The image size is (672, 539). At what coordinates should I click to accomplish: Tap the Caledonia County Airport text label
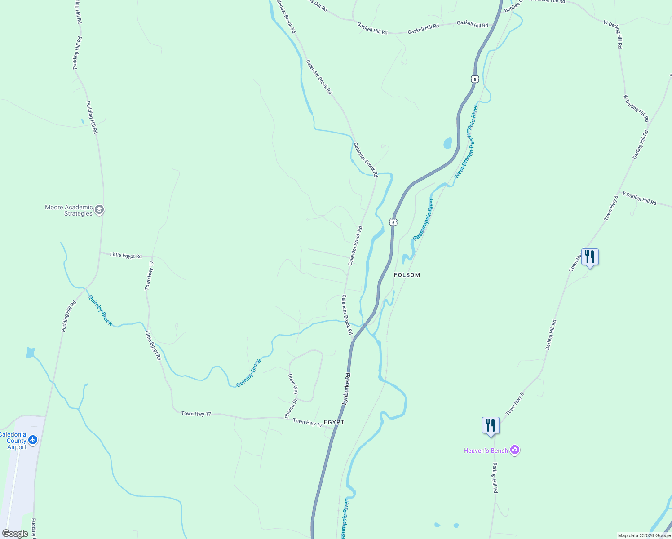pyautogui.click(x=13, y=441)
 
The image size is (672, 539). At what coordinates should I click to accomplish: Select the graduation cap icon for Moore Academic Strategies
pyautogui.click(x=99, y=210)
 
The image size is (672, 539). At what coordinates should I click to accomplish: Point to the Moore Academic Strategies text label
pyautogui.click(x=69, y=210)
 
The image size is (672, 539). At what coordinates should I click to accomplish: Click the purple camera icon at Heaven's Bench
pyautogui.click(x=515, y=450)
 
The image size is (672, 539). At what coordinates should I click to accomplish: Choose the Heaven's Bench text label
pyautogui.click(x=486, y=451)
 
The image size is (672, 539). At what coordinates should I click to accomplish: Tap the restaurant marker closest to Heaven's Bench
pyautogui.click(x=491, y=425)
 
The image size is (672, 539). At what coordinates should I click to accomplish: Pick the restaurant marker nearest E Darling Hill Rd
pyautogui.click(x=590, y=257)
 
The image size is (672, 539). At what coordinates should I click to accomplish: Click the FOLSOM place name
pyautogui.click(x=407, y=275)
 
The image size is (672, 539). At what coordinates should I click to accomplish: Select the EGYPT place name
pyautogui.click(x=334, y=422)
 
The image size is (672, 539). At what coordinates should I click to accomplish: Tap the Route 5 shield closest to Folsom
pyautogui.click(x=393, y=222)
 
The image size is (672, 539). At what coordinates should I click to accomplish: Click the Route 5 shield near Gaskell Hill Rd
pyautogui.click(x=475, y=79)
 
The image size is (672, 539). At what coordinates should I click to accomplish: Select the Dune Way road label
pyautogui.click(x=293, y=384)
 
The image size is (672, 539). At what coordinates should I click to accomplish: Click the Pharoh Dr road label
pyautogui.click(x=291, y=408)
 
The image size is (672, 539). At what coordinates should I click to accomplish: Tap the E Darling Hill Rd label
pyautogui.click(x=639, y=199)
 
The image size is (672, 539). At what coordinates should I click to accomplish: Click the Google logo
pyautogui.click(x=15, y=534)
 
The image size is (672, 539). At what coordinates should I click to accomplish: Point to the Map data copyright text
pyautogui.click(x=644, y=535)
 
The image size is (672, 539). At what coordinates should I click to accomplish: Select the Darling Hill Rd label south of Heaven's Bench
pyautogui.click(x=495, y=478)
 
